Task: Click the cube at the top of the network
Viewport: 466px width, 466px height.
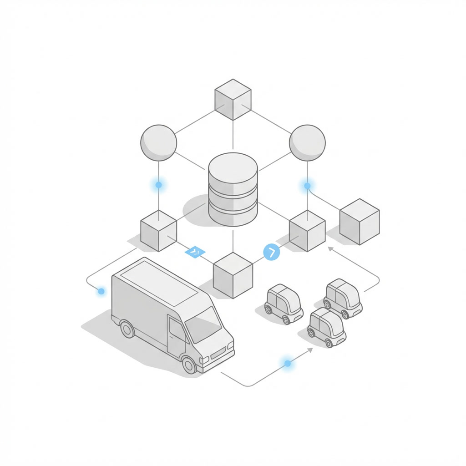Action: point(233,99)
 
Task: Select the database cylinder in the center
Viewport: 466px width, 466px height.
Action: point(233,189)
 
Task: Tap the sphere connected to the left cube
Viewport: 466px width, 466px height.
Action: point(158,142)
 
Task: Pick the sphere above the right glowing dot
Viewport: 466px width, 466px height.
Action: point(307,142)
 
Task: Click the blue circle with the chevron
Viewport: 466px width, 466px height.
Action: point(272,252)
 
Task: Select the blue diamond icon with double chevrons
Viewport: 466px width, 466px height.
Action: point(195,252)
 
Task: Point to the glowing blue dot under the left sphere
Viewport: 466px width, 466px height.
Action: point(158,185)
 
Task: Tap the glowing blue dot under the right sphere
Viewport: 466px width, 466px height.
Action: point(307,186)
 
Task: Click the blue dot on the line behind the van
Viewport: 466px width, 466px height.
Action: point(101,291)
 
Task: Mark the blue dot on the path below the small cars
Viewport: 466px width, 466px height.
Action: point(288,363)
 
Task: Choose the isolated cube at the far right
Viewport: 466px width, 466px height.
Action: point(360,221)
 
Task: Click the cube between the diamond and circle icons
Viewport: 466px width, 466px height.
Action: point(233,275)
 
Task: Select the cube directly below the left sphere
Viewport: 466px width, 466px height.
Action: point(158,230)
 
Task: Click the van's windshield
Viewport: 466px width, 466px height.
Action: point(203,324)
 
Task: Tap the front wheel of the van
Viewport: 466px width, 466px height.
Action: point(188,364)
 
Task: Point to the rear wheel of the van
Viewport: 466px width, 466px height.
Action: point(127,329)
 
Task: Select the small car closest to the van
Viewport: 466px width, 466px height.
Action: point(284,304)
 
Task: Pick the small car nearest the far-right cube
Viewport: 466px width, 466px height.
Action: point(343,298)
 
